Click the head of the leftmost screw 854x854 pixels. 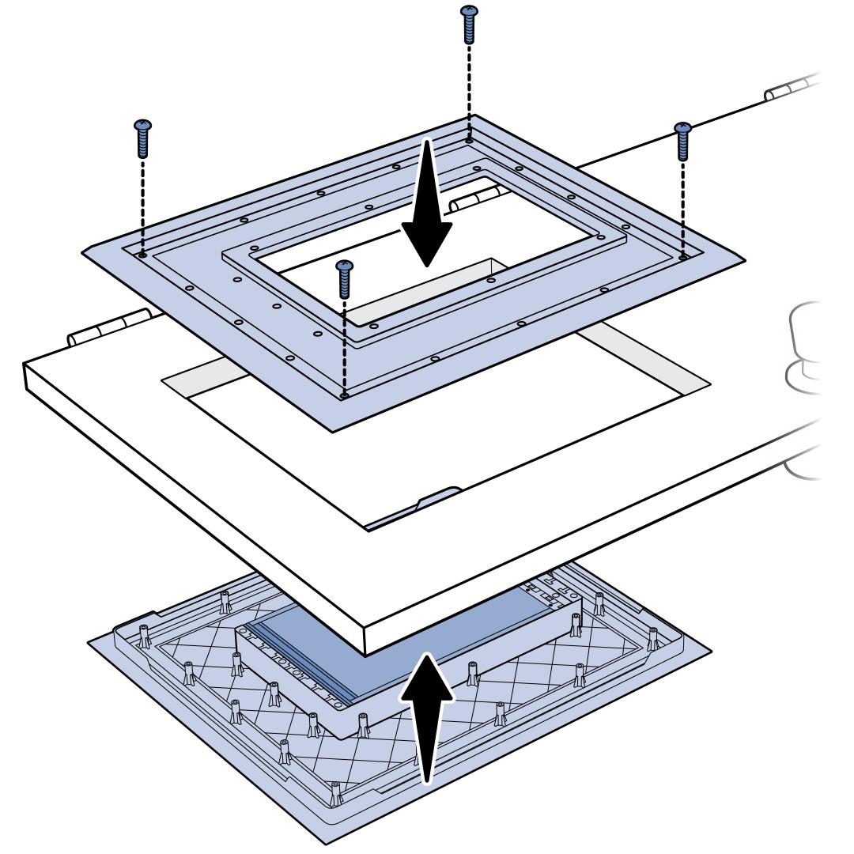143,125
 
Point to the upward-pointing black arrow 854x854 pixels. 427,712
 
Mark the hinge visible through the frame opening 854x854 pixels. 474,199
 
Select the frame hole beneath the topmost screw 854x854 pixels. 469,142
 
